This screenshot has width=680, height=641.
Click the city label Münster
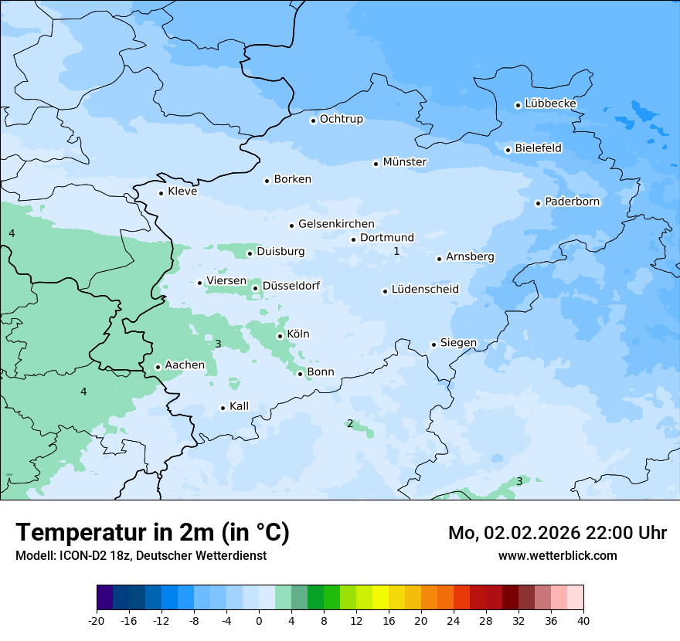click(x=405, y=162)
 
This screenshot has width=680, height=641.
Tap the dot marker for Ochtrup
click(x=314, y=120)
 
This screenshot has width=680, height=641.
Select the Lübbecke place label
click(x=550, y=103)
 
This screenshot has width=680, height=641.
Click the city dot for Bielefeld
click(x=508, y=150)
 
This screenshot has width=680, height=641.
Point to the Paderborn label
click(x=572, y=202)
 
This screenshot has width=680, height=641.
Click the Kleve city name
click(x=182, y=192)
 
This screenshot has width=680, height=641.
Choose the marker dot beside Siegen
click(x=434, y=344)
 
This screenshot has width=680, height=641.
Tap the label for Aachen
click(x=185, y=365)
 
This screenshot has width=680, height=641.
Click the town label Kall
click(x=239, y=406)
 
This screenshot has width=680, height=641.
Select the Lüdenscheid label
click(x=425, y=290)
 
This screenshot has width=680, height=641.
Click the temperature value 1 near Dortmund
click(x=396, y=251)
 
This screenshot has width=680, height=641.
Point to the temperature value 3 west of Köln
click(x=218, y=344)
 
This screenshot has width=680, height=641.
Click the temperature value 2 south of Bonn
click(x=350, y=423)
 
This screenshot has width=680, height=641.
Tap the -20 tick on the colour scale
click(x=97, y=620)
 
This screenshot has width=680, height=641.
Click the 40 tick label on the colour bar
click(x=583, y=620)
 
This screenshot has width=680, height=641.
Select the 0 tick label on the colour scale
click(x=259, y=620)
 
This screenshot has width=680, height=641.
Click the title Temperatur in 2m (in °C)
click(x=153, y=533)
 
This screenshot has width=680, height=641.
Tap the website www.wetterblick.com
click(x=557, y=555)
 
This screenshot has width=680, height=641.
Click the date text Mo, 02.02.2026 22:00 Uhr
click(x=557, y=533)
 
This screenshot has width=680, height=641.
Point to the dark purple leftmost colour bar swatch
click(x=104, y=598)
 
